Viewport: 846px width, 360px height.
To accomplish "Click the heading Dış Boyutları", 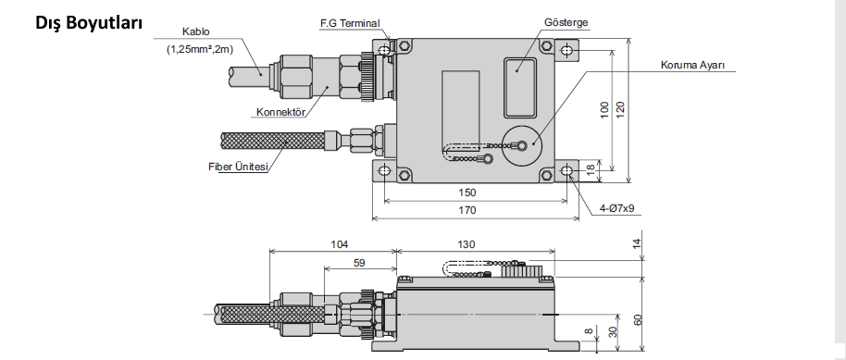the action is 89,22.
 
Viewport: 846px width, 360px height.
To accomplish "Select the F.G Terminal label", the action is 350,24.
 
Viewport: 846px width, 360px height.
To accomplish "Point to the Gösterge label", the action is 566,22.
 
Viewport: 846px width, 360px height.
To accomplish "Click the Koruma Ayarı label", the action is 692,66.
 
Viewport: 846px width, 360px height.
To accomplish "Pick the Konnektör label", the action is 280,112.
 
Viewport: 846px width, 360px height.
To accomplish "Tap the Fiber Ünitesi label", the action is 238,167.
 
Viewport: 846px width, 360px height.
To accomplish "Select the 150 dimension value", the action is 467,192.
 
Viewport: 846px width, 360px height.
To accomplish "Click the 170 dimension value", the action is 467,210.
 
